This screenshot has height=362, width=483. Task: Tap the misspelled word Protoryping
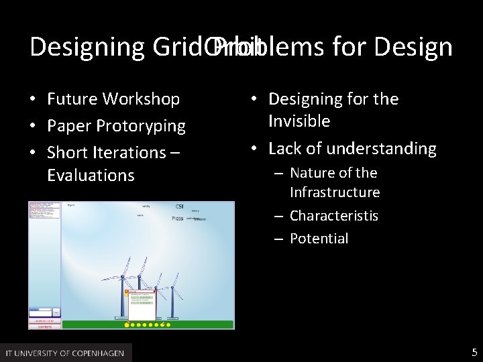(146, 126)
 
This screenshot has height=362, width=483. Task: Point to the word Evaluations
(91, 176)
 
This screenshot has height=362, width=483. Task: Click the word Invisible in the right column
(299, 121)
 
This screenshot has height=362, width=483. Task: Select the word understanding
(377, 148)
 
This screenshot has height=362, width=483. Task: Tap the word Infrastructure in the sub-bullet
(334, 193)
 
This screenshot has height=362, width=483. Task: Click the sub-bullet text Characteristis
(333, 216)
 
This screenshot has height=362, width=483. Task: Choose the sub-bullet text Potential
(319, 239)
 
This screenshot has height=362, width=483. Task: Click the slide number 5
(474, 352)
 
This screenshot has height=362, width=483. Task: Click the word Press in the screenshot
(177, 219)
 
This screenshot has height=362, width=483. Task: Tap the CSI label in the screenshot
(180, 206)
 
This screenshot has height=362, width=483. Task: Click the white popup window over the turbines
(142, 305)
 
